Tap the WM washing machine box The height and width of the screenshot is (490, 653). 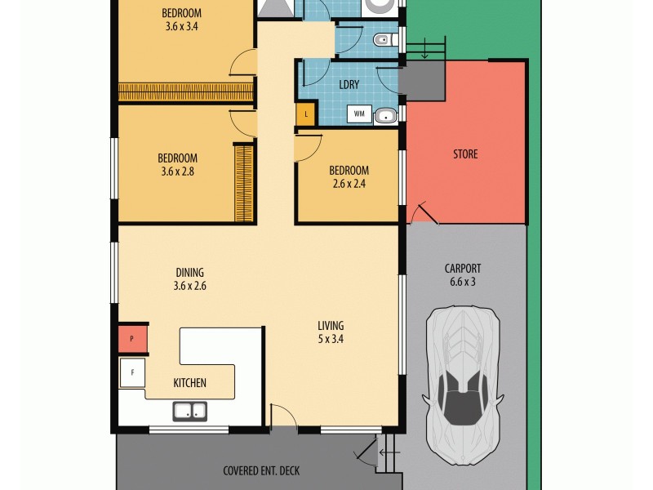pos(359,115)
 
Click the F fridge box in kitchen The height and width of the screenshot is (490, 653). pos(131,374)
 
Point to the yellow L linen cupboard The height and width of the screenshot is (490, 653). pos(305,114)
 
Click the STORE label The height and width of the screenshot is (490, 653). pos(465,154)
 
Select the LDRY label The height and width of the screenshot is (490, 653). pos(349,84)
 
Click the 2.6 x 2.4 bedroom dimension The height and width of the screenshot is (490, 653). pos(349,184)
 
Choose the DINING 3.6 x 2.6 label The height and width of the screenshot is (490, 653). pos(189,279)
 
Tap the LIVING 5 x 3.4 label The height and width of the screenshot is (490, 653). pos(331,332)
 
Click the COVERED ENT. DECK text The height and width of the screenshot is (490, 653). pos(261,471)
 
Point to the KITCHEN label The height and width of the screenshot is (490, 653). pos(189,383)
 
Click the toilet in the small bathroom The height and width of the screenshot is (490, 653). pos(383,39)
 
